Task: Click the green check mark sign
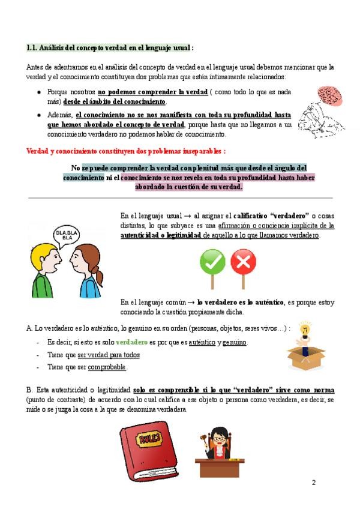point(212,262)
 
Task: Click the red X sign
point(243,262)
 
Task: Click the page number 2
point(313,483)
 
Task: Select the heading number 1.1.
point(32,47)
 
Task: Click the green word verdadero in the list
point(131,342)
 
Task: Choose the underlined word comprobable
point(108,367)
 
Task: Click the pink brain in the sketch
point(328,94)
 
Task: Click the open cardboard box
point(305,358)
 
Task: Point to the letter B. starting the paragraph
point(29,390)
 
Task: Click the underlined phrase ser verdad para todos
point(109,355)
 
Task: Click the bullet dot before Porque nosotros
point(40,93)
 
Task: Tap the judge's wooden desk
point(220,466)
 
